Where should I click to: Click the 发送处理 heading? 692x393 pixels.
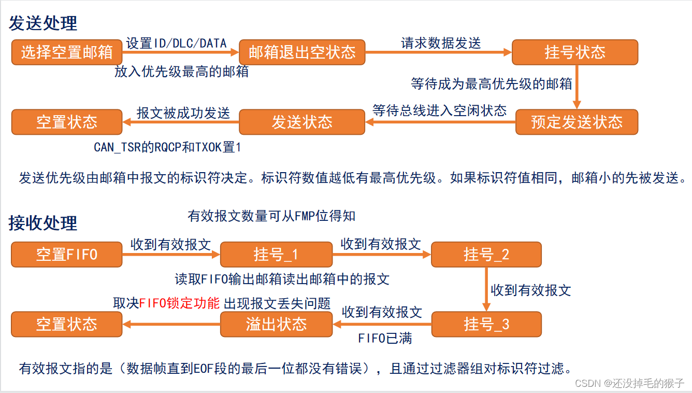pyautogui.click(x=43, y=23)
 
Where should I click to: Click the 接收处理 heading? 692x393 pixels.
pyautogui.click(x=43, y=223)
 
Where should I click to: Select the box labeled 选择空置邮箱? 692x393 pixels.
pyautogui.click(x=67, y=52)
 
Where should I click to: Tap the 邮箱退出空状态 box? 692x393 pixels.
pyautogui.click(x=302, y=52)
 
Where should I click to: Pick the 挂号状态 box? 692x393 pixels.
pyautogui.click(x=575, y=52)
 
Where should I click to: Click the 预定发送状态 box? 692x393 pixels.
pyautogui.click(x=576, y=122)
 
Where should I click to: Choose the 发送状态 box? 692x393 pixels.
pyautogui.click(x=302, y=122)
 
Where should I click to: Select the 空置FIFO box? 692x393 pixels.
pyautogui.click(x=67, y=255)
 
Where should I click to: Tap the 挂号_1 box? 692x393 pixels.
pyautogui.click(x=276, y=255)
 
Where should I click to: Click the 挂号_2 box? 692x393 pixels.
pyautogui.click(x=486, y=255)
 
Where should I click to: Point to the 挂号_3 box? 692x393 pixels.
pyautogui.click(x=486, y=325)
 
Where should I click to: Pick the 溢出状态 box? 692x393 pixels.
pyautogui.click(x=276, y=325)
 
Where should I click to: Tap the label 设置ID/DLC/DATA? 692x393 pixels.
pyautogui.click(x=177, y=43)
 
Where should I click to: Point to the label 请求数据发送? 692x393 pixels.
pyautogui.click(x=441, y=43)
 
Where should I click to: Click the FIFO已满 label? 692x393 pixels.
pyautogui.click(x=385, y=339)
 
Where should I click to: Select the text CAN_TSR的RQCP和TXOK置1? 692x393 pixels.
pyautogui.click(x=167, y=147)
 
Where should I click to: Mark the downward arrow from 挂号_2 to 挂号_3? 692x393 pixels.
pyautogui.click(x=486, y=289)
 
